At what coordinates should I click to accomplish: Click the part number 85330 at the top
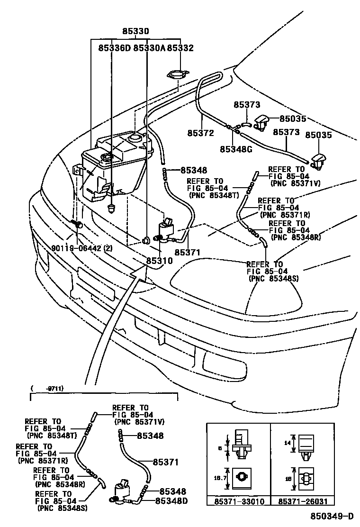136,32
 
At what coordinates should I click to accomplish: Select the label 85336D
115,48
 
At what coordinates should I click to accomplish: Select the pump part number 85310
159,261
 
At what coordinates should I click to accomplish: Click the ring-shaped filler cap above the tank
178,75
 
